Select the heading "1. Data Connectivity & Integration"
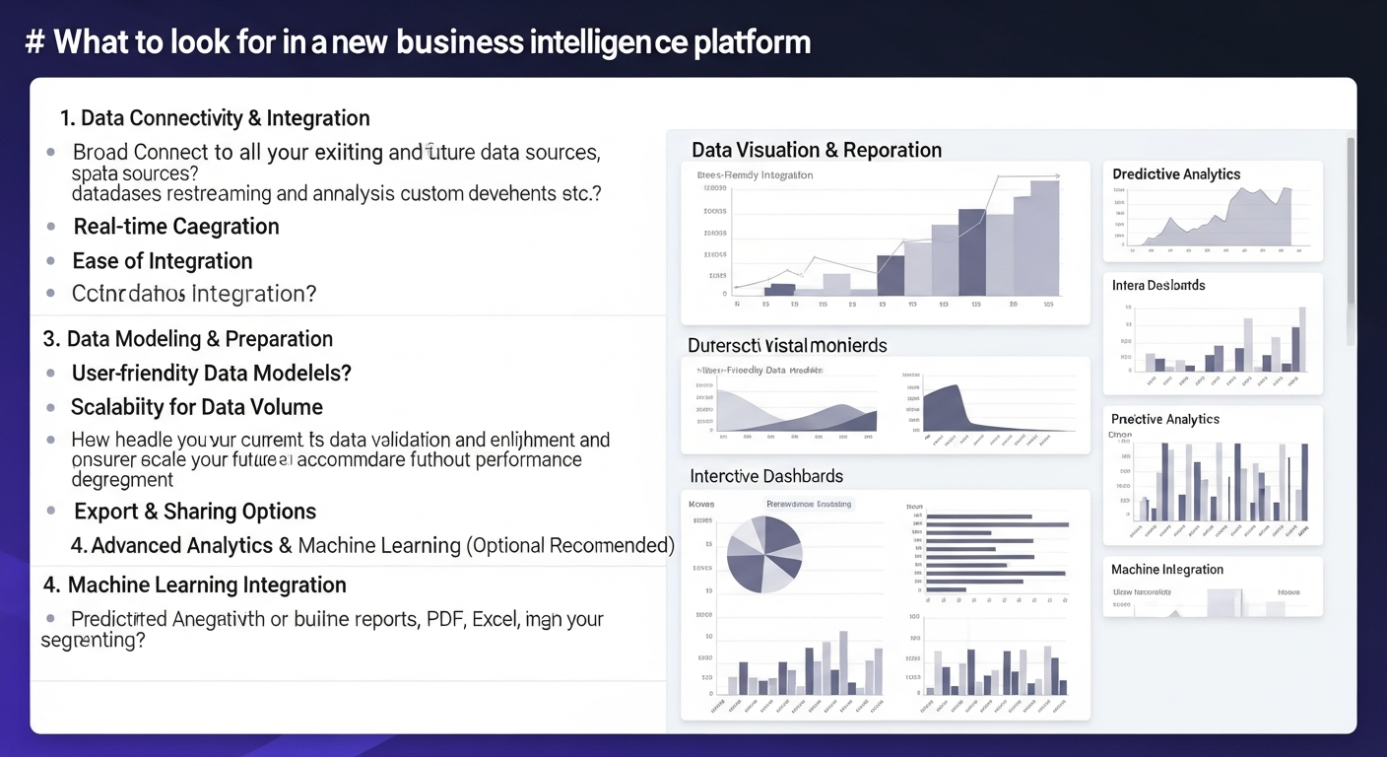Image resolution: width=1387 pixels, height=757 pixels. pyautogui.click(x=215, y=118)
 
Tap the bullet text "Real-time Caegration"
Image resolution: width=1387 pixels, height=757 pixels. pyautogui.click(x=176, y=227)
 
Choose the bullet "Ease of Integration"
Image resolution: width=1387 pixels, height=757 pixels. pyautogui.click(x=163, y=261)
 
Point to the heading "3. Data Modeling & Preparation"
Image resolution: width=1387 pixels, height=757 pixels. pyautogui.click(x=188, y=339)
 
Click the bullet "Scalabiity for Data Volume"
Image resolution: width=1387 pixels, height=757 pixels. pyautogui.click(x=197, y=407)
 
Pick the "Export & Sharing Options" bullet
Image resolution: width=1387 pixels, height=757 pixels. pyautogui.click(x=195, y=512)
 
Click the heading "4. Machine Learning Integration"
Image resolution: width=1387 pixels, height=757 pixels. pyautogui.click(x=195, y=585)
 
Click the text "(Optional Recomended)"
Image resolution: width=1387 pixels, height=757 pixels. pyautogui.click(x=570, y=546)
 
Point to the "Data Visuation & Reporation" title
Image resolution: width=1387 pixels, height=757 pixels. pyautogui.click(x=817, y=150)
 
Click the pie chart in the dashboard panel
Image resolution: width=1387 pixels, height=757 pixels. pyautogui.click(x=764, y=555)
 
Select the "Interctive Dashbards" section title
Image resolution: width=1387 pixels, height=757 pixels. pyautogui.click(x=766, y=476)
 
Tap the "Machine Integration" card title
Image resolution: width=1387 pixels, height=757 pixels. pyautogui.click(x=1167, y=570)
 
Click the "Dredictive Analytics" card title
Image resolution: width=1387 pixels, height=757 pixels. pyautogui.click(x=1176, y=174)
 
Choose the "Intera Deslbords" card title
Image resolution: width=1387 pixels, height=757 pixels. pyautogui.click(x=1158, y=286)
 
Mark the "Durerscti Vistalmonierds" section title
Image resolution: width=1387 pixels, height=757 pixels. pyautogui.click(x=787, y=346)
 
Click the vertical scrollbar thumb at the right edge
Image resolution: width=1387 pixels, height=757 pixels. pyautogui.click(x=1351, y=237)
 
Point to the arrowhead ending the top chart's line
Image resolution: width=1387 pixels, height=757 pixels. pyautogui.click(x=1056, y=176)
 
